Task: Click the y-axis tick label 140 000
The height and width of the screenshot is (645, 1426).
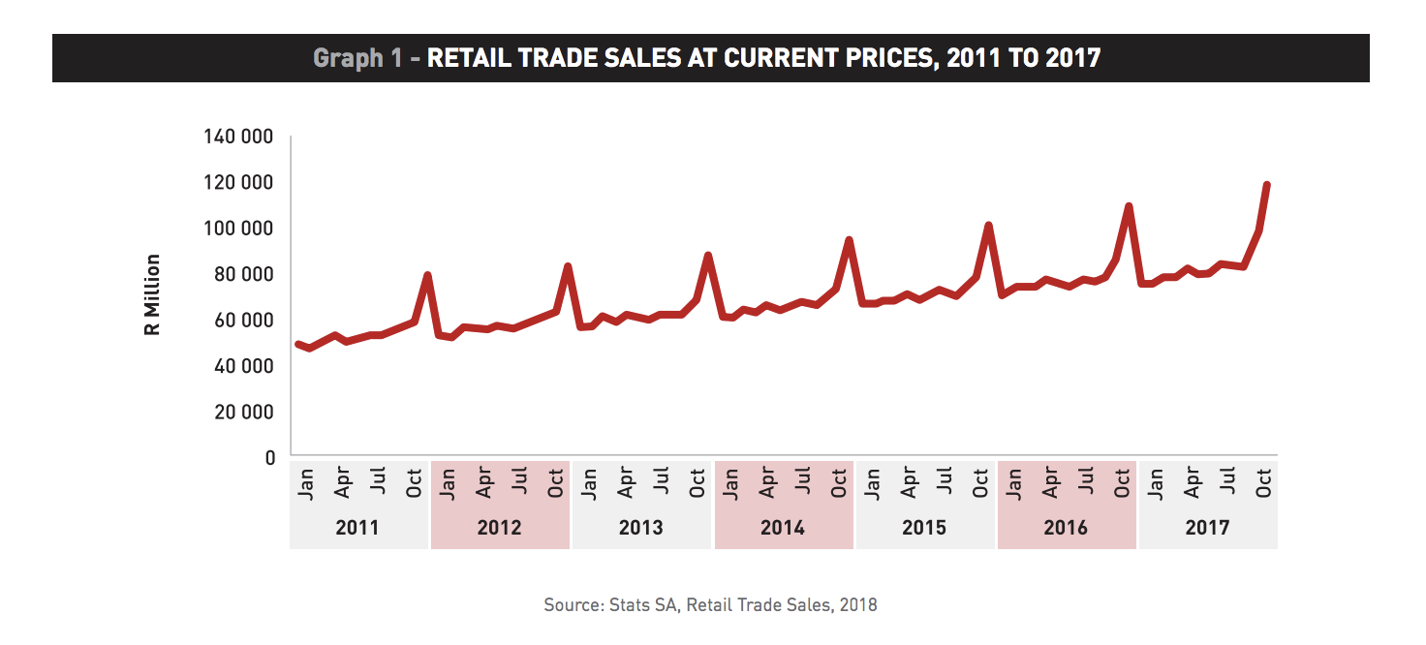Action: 238,137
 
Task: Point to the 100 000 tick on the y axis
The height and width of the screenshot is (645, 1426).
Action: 238,228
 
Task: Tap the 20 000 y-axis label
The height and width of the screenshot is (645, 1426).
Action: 244,412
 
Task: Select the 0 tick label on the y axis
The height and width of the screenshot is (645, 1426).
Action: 270,458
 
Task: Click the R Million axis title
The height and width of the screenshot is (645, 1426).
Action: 152,294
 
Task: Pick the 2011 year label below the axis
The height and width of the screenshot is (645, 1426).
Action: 357,528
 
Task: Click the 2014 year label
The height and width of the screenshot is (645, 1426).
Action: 783,528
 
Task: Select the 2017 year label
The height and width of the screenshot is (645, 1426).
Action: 1207,528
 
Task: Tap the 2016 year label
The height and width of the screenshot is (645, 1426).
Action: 1066,528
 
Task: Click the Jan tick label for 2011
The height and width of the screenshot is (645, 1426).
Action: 306,484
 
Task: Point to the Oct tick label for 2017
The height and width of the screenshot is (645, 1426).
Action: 1263,483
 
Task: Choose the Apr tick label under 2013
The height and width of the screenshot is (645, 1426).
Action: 625,482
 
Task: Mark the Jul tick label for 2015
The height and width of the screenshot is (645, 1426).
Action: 945,480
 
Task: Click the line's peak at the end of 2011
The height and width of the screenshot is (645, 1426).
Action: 427,276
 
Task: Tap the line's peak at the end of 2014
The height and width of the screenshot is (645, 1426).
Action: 849,240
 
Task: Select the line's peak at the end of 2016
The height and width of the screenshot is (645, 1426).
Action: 1129,206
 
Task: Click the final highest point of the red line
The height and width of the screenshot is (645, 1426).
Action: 1266,185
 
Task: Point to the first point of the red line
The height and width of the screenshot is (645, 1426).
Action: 298,345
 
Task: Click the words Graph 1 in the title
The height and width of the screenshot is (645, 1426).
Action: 357,58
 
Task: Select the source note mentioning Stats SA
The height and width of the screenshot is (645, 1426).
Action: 710,604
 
